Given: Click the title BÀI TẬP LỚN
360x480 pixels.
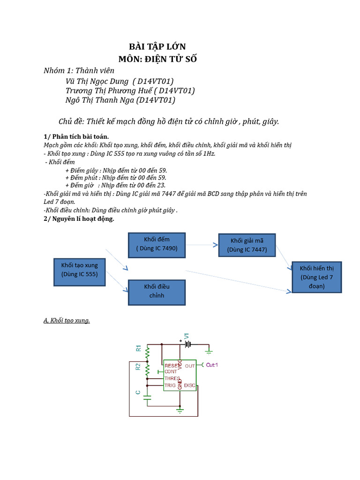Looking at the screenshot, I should pos(157,46).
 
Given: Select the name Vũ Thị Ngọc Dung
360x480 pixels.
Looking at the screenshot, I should pos(97,81).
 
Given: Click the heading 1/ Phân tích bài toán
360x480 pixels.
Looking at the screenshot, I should pos(76,136).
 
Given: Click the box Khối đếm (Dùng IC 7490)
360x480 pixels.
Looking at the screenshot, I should pos(157,245).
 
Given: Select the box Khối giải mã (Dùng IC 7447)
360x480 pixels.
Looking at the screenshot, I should pos(247,245).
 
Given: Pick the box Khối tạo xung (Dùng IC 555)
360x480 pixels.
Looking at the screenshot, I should pos(79,270).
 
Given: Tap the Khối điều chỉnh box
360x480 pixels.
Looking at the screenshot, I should pos(157,291).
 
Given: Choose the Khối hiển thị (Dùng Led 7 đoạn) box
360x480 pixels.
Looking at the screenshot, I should pos(317,277).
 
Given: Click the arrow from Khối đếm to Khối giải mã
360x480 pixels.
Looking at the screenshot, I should pos(202,245).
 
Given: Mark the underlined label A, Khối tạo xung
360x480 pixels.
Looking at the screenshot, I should pos(67,321).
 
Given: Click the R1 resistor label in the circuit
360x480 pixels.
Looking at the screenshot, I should pos(138,348).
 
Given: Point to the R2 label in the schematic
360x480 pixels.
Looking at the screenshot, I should pos(138,367).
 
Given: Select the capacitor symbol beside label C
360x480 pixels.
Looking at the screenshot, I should pos(148,397).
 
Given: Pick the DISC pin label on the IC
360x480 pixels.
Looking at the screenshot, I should pos(189,385).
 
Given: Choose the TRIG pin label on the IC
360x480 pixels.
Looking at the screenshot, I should pos(170,385).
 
